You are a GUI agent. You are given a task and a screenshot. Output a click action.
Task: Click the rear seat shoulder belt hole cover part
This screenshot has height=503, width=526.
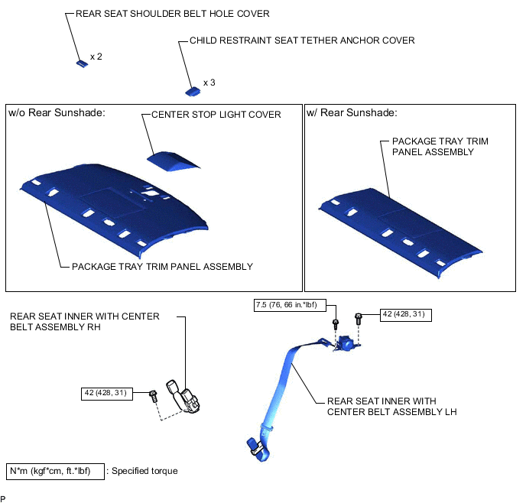pyautogui.click(x=81, y=63)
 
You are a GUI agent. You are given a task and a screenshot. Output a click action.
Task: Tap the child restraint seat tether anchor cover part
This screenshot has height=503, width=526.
pyautogui.click(x=193, y=90)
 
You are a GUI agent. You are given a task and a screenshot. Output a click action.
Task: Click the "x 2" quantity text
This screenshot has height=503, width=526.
pyautogui.click(x=96, y=57)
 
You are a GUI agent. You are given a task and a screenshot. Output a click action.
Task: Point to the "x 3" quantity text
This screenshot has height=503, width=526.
pyautogui.click(x=209, y=83)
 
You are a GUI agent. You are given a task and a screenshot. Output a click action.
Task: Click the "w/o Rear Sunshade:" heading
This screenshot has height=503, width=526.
pyautogui.click(x=57, y=113)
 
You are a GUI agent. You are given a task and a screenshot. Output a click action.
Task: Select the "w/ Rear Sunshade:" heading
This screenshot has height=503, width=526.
pyautogui.click(x=352, y=113)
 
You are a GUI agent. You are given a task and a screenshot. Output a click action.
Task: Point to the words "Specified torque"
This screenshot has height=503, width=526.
pyautogui.click(x=145, y=471)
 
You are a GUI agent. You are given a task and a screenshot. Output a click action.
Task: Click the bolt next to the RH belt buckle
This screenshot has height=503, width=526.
pyautogui.click(x=153, y=397)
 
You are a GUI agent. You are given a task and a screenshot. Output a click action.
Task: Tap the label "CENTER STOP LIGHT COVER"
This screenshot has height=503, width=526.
pyautogui.click(x=216, y=115)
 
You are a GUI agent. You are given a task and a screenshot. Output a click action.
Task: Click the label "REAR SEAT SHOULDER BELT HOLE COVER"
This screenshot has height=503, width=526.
pyautogui.click(x=173, y=14)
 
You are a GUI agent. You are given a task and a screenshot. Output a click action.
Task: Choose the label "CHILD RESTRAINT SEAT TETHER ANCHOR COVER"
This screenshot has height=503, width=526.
pyautogui.click(x=303, y=41)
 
